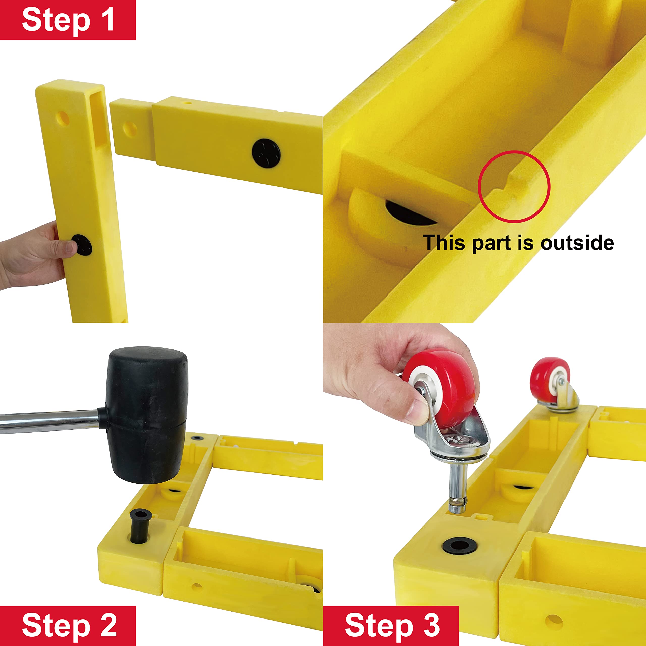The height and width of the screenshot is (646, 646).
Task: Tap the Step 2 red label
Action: point(68,626)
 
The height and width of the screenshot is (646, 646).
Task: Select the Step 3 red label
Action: point(391,626)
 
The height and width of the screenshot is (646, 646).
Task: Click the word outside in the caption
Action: point(577,243)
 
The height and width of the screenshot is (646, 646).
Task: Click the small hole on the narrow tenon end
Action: point(130,129)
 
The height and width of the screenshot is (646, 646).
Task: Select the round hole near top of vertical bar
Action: point(63,118)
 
